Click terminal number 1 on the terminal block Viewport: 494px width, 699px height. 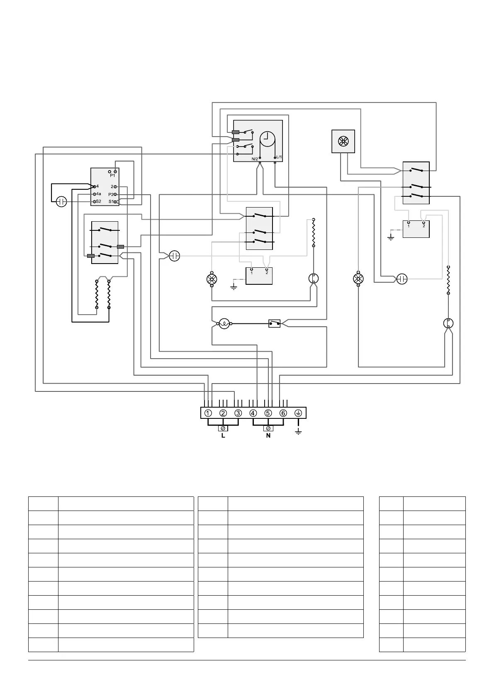pos(208,413)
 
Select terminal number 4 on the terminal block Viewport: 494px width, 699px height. pos(253,413)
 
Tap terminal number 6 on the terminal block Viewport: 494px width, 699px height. pos(283,413)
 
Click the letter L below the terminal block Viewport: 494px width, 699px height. pos(223,436)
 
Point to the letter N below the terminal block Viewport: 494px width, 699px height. pos(268,436)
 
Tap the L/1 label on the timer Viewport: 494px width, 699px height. pos(279,157)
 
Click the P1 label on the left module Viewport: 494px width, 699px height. pos(112,176)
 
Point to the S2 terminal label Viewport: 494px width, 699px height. pos(98,201)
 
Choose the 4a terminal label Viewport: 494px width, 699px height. pos(98,194)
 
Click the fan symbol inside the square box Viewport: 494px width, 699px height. pos(343,142)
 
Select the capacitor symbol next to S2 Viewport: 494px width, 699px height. pos(61,202)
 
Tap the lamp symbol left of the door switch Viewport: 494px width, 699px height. pos(224,323)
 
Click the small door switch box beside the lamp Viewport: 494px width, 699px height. pos(274,323)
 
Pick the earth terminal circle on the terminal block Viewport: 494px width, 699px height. pos(298,413)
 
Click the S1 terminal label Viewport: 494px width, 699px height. pos(111,202)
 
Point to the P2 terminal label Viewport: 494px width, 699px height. pos(111,194)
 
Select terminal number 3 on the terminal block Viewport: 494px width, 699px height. pos(238,413)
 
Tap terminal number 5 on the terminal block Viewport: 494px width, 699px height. pos(268,413)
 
